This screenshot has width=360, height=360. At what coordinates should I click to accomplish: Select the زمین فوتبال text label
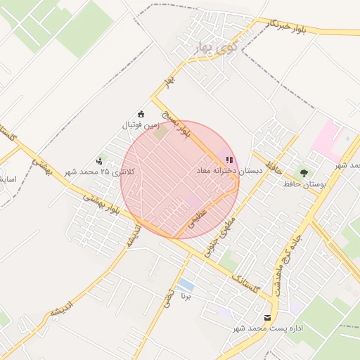coord(140,125)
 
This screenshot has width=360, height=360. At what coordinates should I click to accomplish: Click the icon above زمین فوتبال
coord(141,115)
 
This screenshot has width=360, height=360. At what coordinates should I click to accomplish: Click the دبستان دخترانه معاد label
coord(229,171)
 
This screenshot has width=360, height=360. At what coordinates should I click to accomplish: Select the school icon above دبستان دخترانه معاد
coord(229,160)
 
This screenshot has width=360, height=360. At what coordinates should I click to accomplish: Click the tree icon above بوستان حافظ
coord(304,172)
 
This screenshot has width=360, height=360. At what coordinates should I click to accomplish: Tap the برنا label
coord(186,297)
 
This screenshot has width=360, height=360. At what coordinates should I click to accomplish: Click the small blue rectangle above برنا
coord(186,285)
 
